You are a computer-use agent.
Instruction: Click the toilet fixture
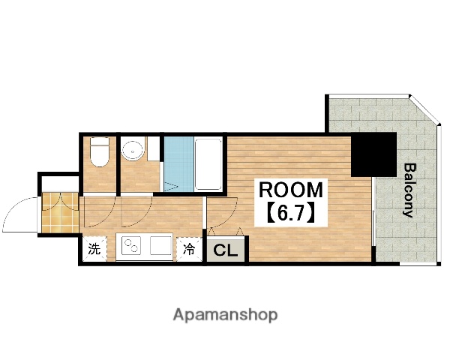(x=99, y=152)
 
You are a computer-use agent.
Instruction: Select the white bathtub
(x=208, y=164)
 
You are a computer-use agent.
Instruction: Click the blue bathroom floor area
(x=178, y=164)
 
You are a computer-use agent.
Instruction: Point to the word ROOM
(x=291, y=190)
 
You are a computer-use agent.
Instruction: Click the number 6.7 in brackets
(x=290, y=214)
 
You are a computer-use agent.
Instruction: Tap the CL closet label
(x=226, y=250)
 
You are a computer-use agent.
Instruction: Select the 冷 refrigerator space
(x=189, y=249)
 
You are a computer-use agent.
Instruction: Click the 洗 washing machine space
(x=94, y=249)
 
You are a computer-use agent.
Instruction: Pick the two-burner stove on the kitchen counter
(x=131, y=245)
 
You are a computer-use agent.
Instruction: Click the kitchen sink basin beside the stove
(x=160, y=245)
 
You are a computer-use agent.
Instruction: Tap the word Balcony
(x=409, y=190)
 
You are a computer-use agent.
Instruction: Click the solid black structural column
(x=373, y=154)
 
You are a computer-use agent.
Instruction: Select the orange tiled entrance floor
(x=60, y=212)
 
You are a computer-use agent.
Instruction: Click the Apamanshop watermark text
(x=225, y=315)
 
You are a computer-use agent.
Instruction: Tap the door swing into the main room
(x=229, y=218)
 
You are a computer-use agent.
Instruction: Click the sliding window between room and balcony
(x=373, y=211)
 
